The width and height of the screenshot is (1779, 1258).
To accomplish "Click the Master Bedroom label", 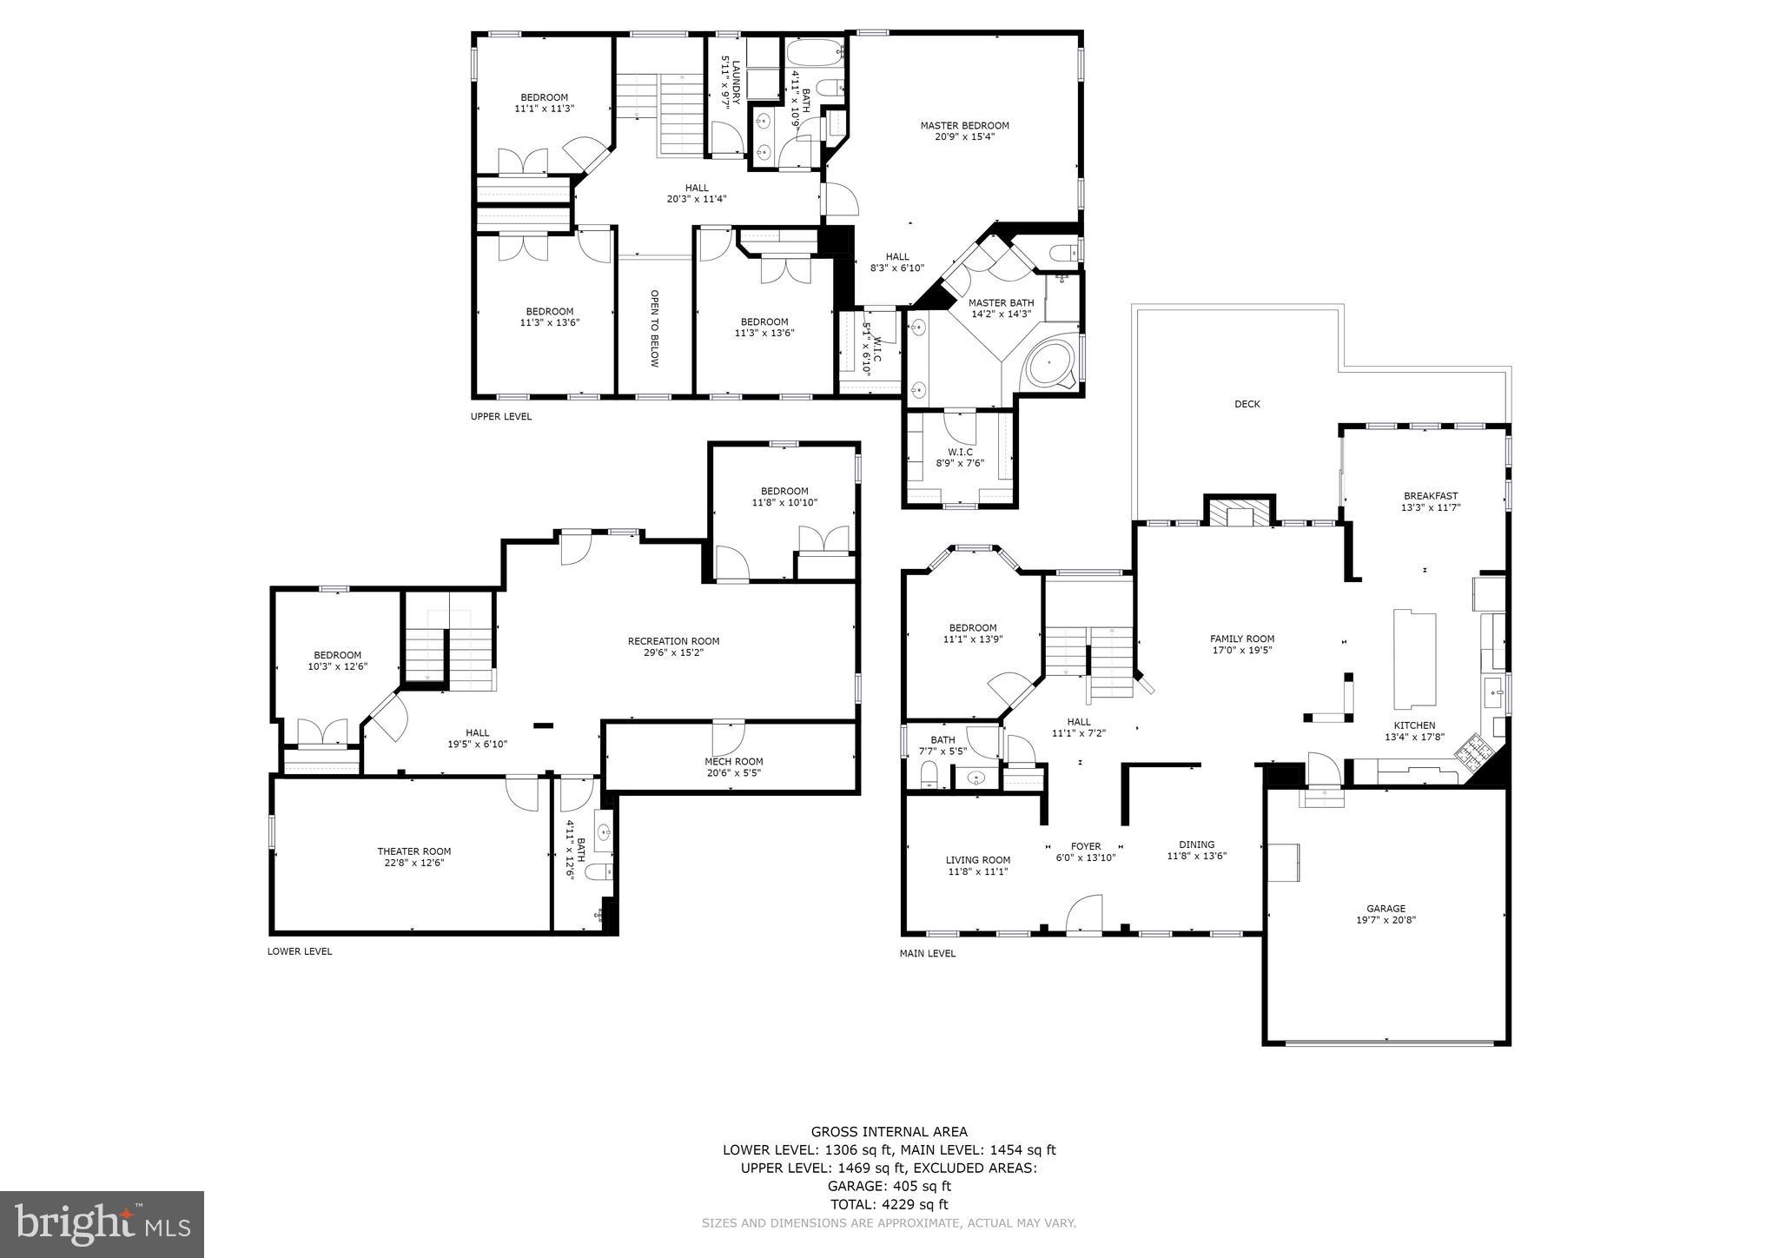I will pos(964,126).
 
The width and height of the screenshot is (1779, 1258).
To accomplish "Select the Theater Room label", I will pos(413,851).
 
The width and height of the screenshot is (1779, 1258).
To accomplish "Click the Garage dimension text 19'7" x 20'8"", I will pos(1386,920).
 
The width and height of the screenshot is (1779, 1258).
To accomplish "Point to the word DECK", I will pos(1247,404).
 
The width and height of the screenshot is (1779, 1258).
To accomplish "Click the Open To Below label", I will pos(654,328).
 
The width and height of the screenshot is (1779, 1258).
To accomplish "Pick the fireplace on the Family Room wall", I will pos(1239,514).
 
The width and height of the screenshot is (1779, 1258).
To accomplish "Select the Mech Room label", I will pos(733,762).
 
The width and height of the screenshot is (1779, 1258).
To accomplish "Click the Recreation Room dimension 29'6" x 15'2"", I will pos(673,652).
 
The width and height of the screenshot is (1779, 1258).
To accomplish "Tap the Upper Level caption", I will pos(500,417).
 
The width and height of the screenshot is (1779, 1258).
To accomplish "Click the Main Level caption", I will pos(927,954).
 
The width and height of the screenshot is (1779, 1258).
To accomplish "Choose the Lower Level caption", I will pos(299,951).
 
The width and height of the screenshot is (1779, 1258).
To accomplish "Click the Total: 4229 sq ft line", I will pos(889,1204).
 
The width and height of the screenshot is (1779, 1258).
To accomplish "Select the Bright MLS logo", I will pos(102,1224).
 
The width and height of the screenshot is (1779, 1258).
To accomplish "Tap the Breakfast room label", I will pos(1430,496).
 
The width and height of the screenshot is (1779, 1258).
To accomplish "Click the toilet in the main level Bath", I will pos(928,773).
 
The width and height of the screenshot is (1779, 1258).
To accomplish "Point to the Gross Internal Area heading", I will pos(889,1131).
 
